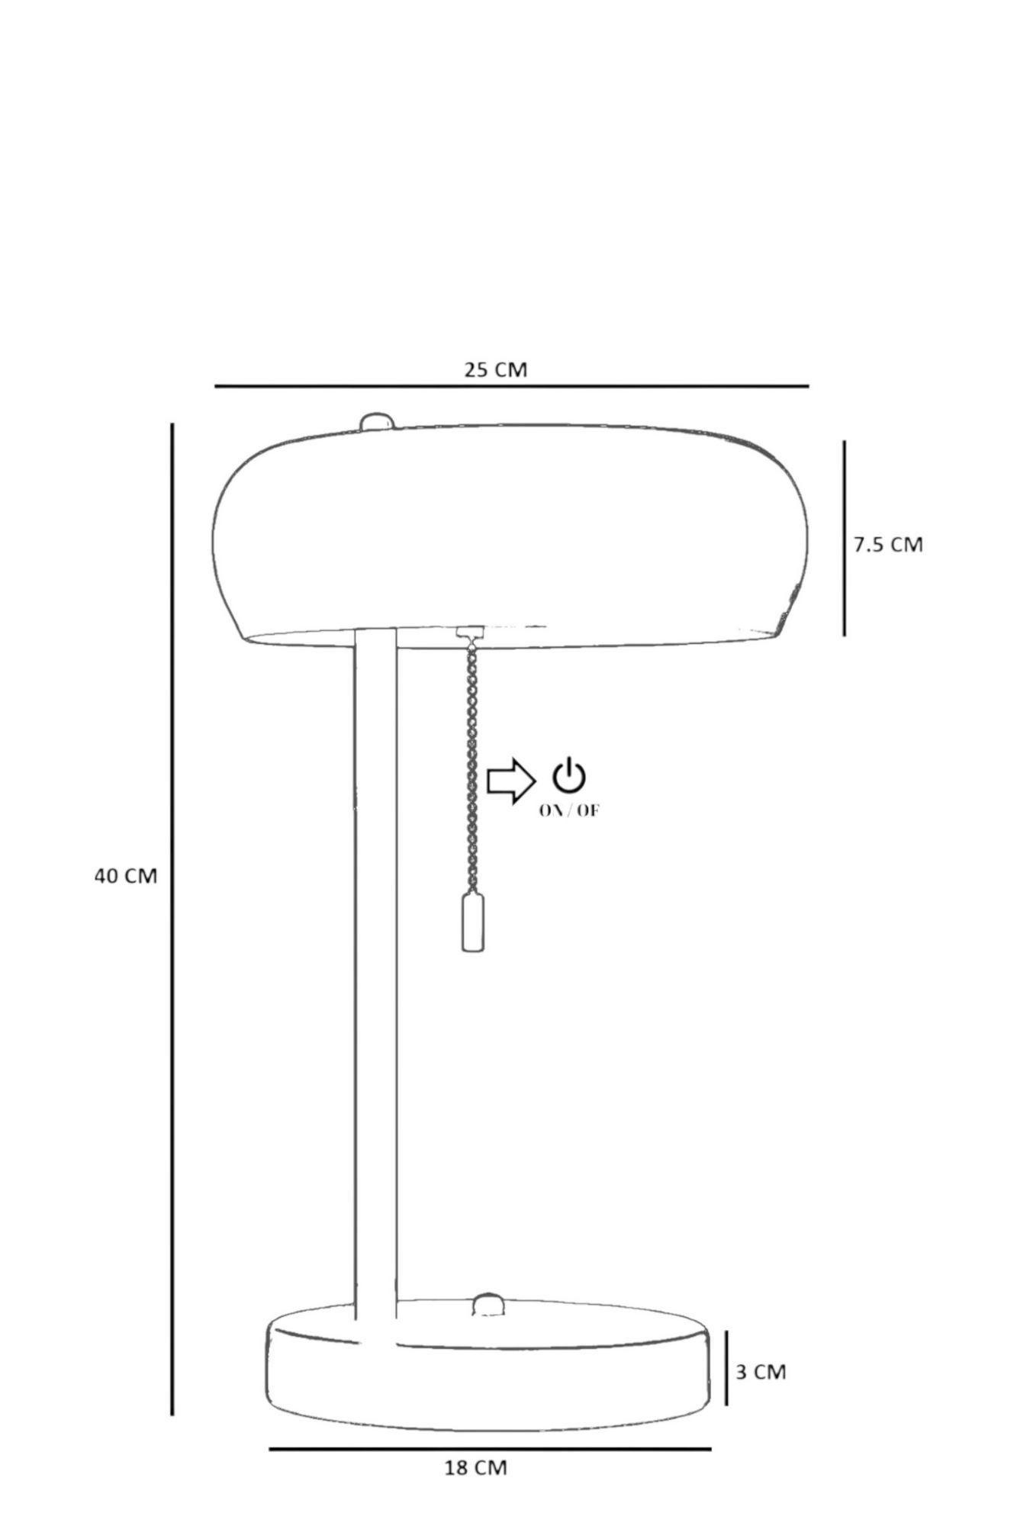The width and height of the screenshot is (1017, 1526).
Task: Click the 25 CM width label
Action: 496,369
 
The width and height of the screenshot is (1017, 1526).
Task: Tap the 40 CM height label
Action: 126,876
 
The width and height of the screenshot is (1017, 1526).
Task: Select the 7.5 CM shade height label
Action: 888,545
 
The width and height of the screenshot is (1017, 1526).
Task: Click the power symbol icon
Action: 569,775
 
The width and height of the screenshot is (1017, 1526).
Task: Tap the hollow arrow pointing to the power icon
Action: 511,781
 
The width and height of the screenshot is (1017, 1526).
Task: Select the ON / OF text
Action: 569,810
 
